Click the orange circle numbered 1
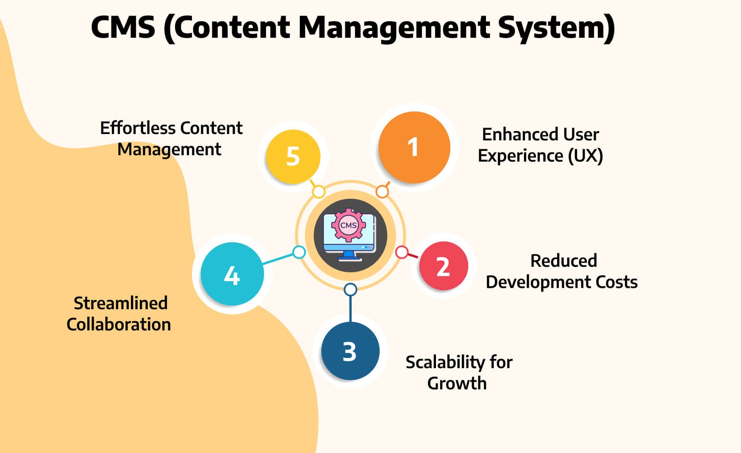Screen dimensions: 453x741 (414, 147)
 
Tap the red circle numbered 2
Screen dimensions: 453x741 (443, 266)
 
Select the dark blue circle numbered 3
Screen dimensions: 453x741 (350, 351)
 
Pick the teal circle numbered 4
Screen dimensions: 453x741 (232, 274)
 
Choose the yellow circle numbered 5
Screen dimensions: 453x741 (293, 157)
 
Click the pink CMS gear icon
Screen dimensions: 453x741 (348, 225)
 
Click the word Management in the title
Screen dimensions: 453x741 (394, 28)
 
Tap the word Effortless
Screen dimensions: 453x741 (137, 128)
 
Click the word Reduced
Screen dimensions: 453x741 (563, 261)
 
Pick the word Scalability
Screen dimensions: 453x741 (445, 362)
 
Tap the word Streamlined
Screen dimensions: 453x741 (121, 303)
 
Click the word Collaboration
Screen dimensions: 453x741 (119, 324)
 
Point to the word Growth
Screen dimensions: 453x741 (457, 383)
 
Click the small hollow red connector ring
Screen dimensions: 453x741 (402, 252)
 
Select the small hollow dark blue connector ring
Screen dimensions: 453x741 (350, 290)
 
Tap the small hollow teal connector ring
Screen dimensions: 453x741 (299, 252)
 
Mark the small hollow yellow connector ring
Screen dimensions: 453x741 (319, 192)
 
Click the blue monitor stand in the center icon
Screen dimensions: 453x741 (349, 255)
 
